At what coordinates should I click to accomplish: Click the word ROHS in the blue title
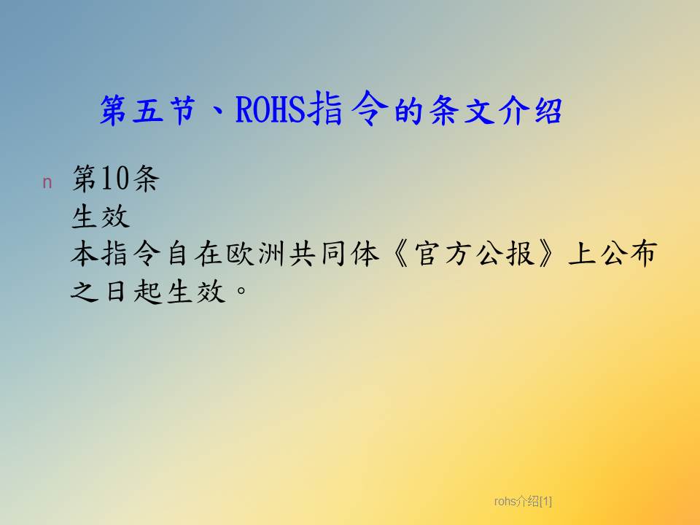[271, 109]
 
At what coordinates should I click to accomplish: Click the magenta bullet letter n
[47, 182]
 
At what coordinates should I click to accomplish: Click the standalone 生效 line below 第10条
[101, 217]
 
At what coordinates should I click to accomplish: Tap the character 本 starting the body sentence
[85, 254]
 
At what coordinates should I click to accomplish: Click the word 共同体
[335, 254]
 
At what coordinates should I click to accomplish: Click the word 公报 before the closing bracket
[505, 254]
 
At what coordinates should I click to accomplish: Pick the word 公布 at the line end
[628, 254]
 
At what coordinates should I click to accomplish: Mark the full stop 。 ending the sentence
[241, 291]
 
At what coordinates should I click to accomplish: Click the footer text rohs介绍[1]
[523, 502]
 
